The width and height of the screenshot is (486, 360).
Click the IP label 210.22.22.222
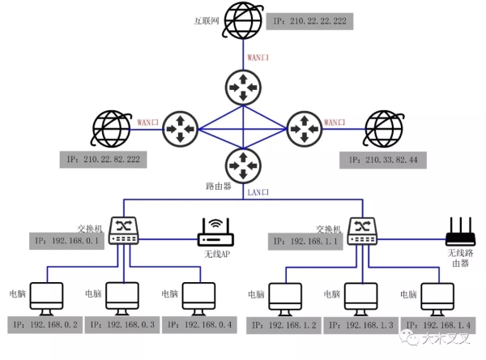[308, 19]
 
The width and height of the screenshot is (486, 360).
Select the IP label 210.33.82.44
[383, 160]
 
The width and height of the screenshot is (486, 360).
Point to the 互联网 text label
[207, 19]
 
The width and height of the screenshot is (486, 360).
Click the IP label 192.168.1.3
[363, 325]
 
